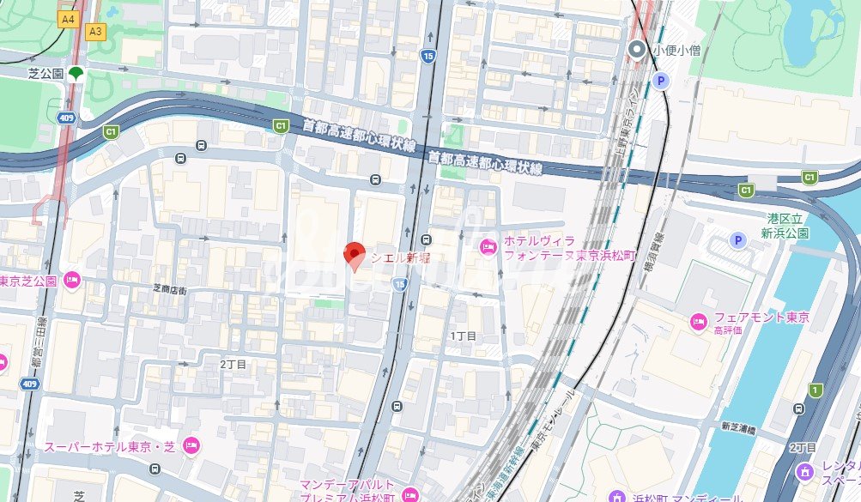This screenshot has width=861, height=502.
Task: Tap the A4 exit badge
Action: tap(67, 17)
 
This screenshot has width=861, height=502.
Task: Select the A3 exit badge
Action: tap(95, 32)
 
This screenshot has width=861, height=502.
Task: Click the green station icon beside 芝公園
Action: tap(76, 74)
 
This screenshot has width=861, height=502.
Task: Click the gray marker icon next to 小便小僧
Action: tap(637, 51)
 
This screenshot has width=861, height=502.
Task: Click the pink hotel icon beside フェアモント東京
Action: tap(699, 322)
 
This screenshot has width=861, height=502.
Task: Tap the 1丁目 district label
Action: tap(463, 336)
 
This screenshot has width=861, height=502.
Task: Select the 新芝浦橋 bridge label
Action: tap(737, 427)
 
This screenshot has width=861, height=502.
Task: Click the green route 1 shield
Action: tap(815, 390)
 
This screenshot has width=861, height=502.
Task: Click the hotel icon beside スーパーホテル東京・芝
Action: tap(191, 446)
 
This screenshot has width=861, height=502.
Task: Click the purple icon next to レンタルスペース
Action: tap(804, 471)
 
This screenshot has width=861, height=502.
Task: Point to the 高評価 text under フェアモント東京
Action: tap(728, 330)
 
